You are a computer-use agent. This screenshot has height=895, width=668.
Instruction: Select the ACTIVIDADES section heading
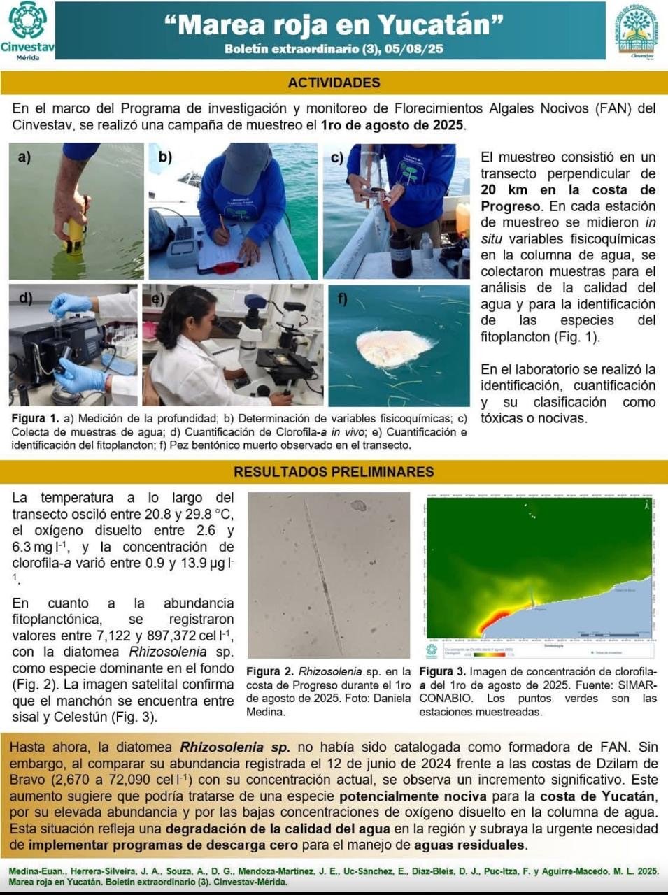coord(334,83)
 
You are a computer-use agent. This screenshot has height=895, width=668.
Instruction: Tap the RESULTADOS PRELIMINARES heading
coord(334,472)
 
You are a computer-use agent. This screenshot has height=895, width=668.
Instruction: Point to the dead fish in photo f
coord(392,347)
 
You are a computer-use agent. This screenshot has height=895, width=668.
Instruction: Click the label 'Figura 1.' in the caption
coord(35,418)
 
